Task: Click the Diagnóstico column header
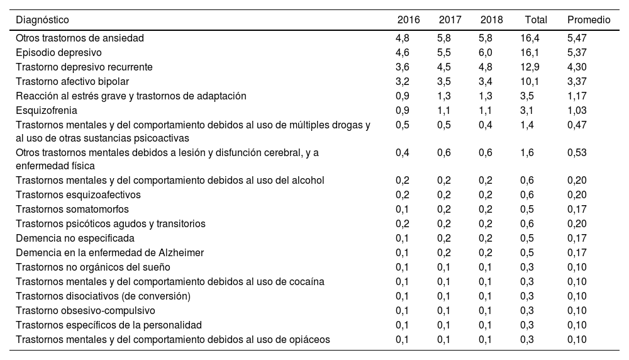click(x=43, y=20)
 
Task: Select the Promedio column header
click(x=589, y=20)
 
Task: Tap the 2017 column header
click(x=450, y=20)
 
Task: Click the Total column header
click(x=536, y=20)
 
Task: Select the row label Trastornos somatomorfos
click(x=70, y=209)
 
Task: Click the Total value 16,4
click(x=530, y=38)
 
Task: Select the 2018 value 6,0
click(x=485, y=52)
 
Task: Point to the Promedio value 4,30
click(x=577, y=67)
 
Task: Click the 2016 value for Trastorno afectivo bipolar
click(x=403, y=81)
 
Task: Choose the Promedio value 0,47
click(x=577, y=125)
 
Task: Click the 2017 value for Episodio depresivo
click(x=444, y=52)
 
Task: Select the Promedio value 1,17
click(x=577, y=96)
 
